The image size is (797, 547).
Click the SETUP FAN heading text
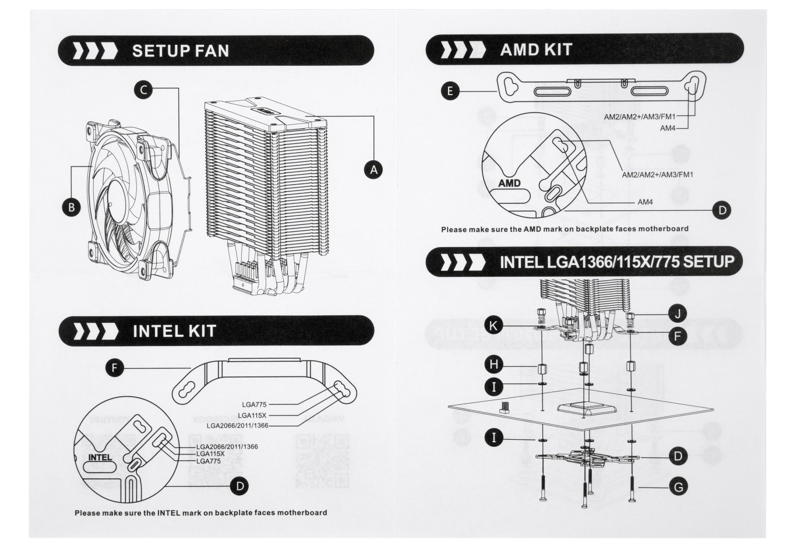click(x=181, y=51)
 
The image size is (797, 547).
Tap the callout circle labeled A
click(x=373, y=170)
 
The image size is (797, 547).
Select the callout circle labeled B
click(x=71, y=207)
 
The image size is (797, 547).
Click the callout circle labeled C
click(x=143, y=89)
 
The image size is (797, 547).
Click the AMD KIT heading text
click(x=535, y=50)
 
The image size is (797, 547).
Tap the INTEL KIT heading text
click(x=174, y=331)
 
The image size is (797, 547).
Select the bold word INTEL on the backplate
click(x=100, y=457)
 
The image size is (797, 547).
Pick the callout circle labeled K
click(x=494, y=326)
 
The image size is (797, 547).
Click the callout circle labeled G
click(x=677, y=485)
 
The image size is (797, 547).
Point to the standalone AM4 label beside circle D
click(x=645, y=202)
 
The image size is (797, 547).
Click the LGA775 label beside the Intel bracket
click(x=254, y=403)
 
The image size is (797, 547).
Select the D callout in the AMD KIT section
click(x=721, y=210)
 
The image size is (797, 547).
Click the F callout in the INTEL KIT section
click(x=115, y=368)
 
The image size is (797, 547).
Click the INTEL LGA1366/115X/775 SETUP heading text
click(x=617, y=262)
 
